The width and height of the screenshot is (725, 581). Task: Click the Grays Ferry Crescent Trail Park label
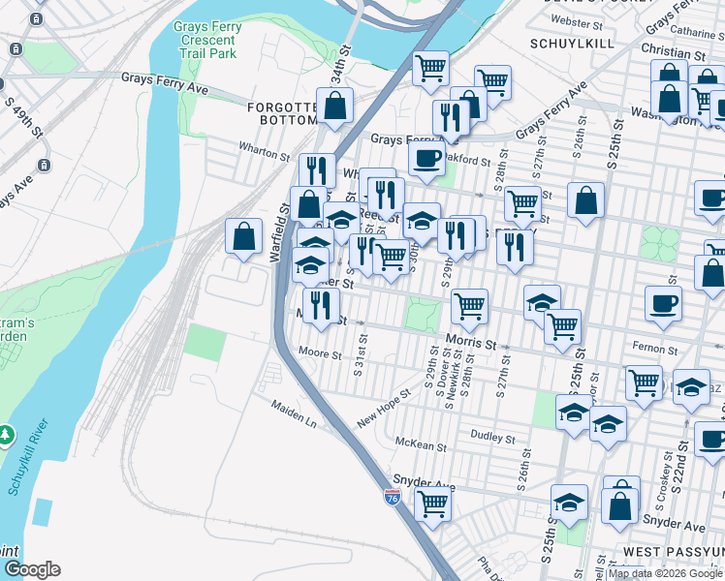(205, 41)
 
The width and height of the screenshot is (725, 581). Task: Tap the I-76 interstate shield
(392, 498)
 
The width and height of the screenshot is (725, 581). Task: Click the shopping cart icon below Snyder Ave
(432, 503)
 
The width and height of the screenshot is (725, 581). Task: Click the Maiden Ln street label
(294, 415)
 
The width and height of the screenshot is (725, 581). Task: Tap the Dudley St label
(492, 438)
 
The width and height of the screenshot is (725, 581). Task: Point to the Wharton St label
(265, 152)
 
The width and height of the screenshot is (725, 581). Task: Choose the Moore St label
(320, 354)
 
